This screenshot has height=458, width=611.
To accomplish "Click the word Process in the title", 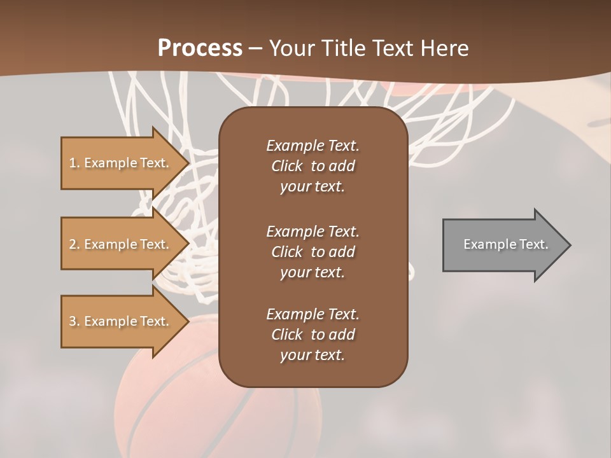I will [x=200, y=48].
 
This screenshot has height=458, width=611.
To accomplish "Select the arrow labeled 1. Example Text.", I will [x=121, y=163].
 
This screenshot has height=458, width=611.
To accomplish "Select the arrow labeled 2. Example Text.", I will [x=121, y=244].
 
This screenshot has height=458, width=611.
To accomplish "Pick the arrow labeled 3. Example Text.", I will [x=121, y=321].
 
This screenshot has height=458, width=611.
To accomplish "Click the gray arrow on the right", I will [x=503, y=245].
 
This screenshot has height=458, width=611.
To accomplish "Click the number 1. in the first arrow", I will [x=74, y=163].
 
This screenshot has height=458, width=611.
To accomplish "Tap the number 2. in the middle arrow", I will [x=74, y=244].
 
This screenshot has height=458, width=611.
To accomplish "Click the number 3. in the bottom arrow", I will [x=74, y=321].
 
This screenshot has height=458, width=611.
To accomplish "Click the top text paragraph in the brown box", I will [x=313, y=166].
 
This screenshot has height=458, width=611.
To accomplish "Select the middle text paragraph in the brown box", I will [x=313, y=252].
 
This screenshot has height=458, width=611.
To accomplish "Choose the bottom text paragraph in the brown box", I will [x=313, y=335].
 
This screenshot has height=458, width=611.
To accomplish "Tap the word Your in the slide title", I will [x=290, y=48].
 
